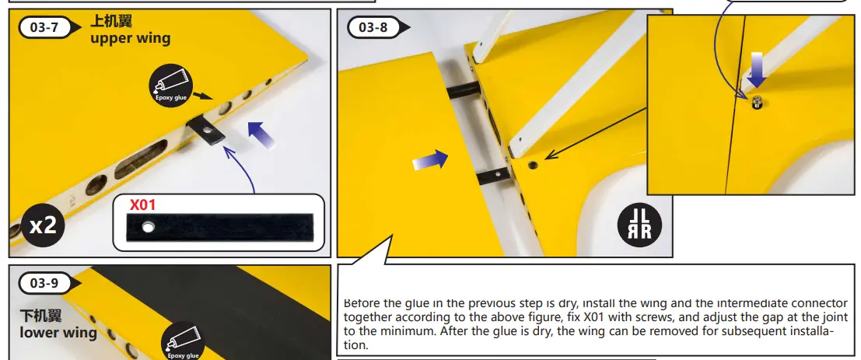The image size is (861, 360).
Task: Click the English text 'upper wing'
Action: (130, 38)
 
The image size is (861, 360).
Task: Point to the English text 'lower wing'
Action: (58, 333)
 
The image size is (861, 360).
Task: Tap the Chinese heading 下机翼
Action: (41, 316)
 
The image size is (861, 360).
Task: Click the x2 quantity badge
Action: (43, 226)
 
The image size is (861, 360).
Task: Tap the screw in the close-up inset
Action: (756, 102)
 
